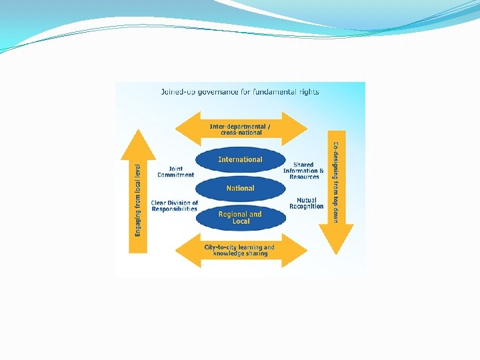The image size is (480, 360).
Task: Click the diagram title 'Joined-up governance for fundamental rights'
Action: tap(240, 92)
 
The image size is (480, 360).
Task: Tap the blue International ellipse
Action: tap(240, 160)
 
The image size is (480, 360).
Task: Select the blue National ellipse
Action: tap(240, 189)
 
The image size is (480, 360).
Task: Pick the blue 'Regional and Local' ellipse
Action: tap(240, 217)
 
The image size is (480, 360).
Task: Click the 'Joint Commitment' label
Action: tap(175, 172)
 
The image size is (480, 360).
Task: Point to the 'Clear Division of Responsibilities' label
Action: tap(175, 206)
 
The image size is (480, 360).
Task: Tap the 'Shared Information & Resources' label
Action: tap(304, 171)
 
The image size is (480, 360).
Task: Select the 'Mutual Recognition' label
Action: tap(307, 203)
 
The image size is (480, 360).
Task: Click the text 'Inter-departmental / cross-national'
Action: tap(240, 129)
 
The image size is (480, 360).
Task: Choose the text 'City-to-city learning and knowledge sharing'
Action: tap(239, 251)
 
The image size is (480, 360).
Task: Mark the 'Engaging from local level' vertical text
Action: tap(138, 200)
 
